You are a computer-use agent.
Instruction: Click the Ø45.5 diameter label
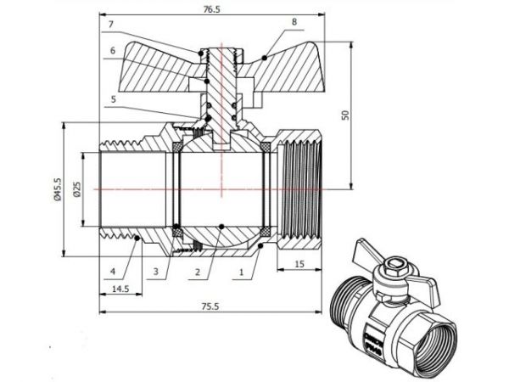coord(57,189)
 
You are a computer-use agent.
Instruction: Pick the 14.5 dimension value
coord(120,289)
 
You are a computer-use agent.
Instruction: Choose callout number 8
coord(294,21)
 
